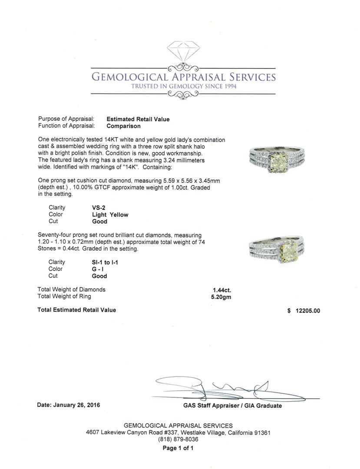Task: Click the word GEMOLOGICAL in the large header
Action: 128,77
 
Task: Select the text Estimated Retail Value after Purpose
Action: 138,119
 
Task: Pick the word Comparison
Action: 124,126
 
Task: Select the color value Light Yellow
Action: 110,215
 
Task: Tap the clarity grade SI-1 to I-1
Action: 106,262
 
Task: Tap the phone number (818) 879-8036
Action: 178,439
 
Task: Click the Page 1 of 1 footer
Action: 178,448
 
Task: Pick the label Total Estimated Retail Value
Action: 77,310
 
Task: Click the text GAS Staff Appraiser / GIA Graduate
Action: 232,406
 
